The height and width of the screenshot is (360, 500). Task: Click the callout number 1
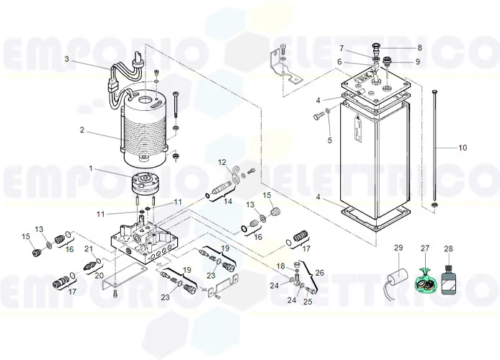pos(91,168)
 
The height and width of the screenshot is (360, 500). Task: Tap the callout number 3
pos(66,58)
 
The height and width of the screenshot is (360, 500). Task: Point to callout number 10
pos(462,148)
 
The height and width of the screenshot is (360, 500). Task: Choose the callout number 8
pos(419,48)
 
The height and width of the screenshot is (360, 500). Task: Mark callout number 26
pos(320,273)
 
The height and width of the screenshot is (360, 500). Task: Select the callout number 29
pos(398,248)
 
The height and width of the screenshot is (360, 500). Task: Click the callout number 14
pos(228,202)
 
